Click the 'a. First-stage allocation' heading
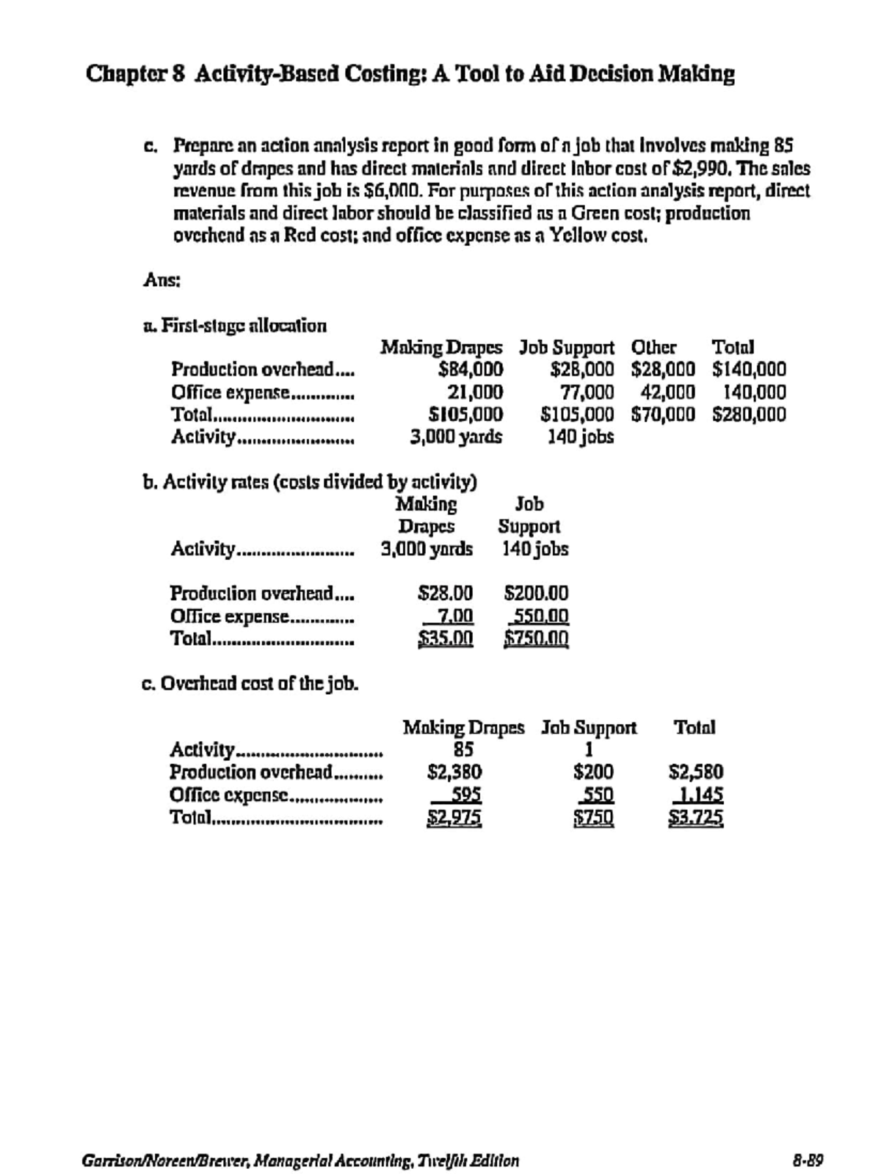234,325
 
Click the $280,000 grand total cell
749,415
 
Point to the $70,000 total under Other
663,415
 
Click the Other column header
653,347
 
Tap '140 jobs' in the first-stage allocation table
581,437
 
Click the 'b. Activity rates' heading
309,482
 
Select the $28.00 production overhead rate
445,593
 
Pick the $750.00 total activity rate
536,638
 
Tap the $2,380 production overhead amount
454,772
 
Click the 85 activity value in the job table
463,749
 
